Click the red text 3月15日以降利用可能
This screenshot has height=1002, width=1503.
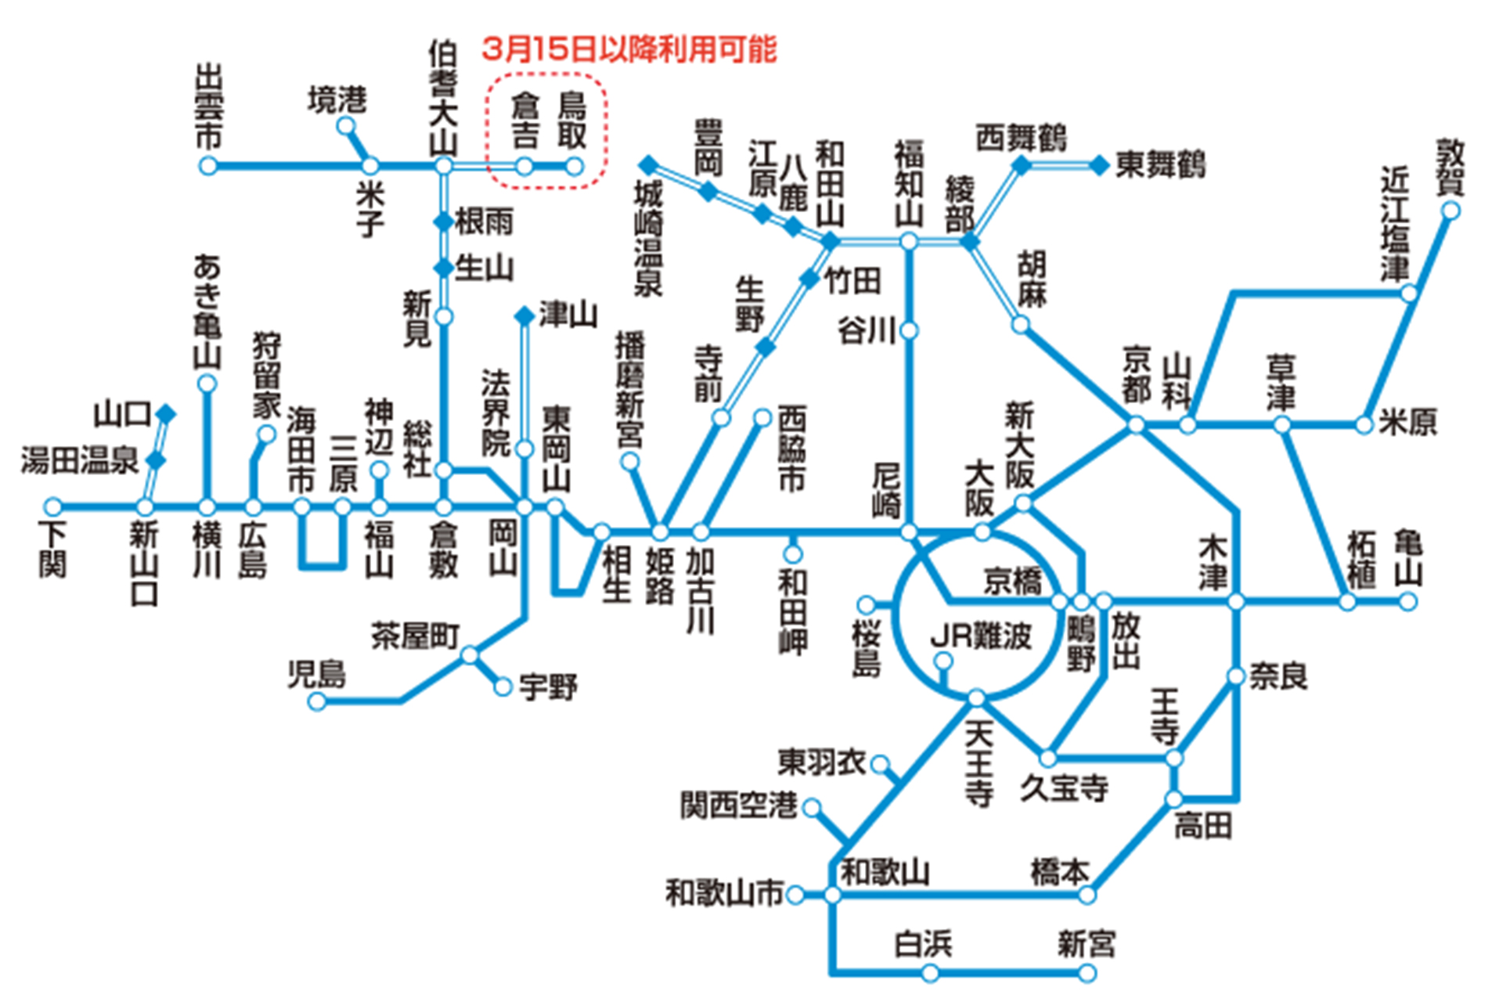(x=629, y=49)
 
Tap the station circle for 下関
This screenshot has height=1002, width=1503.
(x=52, y=506)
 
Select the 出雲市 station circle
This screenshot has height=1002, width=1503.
(x=207, y=166)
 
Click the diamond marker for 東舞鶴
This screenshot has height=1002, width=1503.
(x=1100, y=165)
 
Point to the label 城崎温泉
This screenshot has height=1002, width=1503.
(x=648, y=239)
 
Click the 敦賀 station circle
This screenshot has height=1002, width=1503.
(x=1451, y=210)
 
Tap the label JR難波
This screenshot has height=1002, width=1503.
(x=981, y=636)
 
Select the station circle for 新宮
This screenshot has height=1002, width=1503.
(x=1087, y=973)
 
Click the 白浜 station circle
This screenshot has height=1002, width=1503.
(x=930, y=973)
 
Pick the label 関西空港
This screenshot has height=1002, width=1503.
(x=738, y=805)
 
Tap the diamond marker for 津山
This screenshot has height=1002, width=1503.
(x=524, y=315)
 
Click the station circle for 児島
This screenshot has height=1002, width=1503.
(x=316, y=701)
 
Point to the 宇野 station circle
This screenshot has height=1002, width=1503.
(x=503, y=687)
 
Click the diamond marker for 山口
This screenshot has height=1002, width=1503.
(x=166, y=413)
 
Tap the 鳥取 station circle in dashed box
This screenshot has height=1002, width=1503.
(x=575, y=166)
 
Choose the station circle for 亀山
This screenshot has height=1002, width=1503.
(x=1407, y=601)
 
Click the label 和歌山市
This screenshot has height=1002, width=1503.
(x=724, y=892)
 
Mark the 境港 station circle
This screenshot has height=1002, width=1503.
(x=346, y=126)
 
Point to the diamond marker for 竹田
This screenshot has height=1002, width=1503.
(x=810, y=278)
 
